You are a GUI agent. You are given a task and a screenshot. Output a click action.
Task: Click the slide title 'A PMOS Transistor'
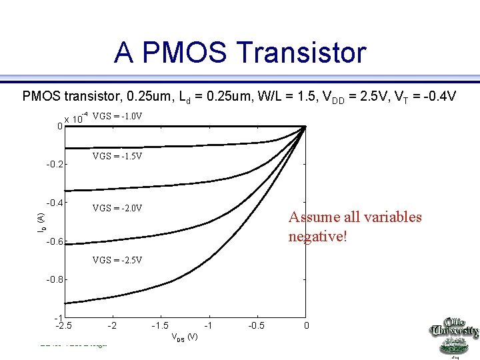(240, 53)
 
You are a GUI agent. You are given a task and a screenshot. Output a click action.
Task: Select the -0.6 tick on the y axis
(54, 242)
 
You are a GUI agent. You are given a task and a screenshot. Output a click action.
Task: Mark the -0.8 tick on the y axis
(54, 281)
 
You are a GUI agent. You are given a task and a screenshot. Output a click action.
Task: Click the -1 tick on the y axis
(58, 317)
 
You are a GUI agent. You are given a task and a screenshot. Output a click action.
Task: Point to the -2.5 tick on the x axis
(64, 325)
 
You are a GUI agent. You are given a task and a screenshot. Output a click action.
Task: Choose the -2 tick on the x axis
(113, 325)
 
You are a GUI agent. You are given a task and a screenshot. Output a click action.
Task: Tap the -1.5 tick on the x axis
(160, 325)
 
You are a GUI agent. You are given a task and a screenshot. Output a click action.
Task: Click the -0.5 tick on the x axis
(257, 325)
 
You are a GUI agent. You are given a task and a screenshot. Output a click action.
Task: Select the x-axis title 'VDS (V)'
(185, 337)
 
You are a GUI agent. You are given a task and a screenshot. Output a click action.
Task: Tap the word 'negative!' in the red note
(318, 237)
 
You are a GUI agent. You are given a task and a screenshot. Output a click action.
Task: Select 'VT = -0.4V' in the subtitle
(425, 97)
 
